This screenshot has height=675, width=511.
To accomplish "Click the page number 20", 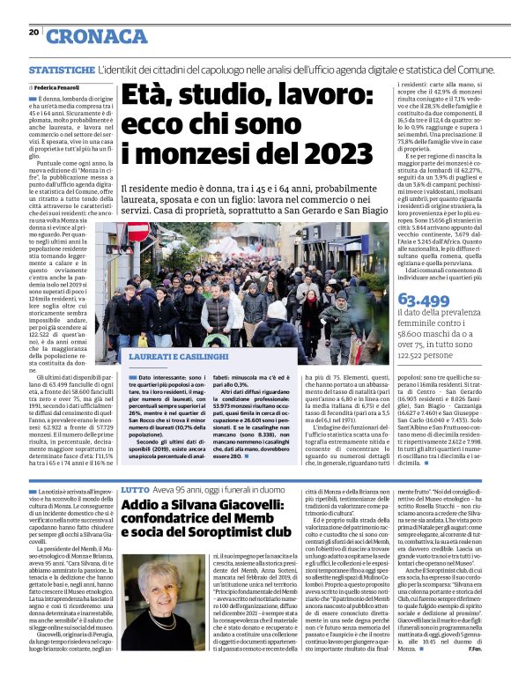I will click(x=33, y=33).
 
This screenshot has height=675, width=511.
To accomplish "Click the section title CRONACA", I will click(x=97, y=37).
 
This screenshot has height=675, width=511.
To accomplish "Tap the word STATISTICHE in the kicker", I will click(x=62, y=69).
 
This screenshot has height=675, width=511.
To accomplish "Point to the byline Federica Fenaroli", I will click(x=58, y=88).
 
